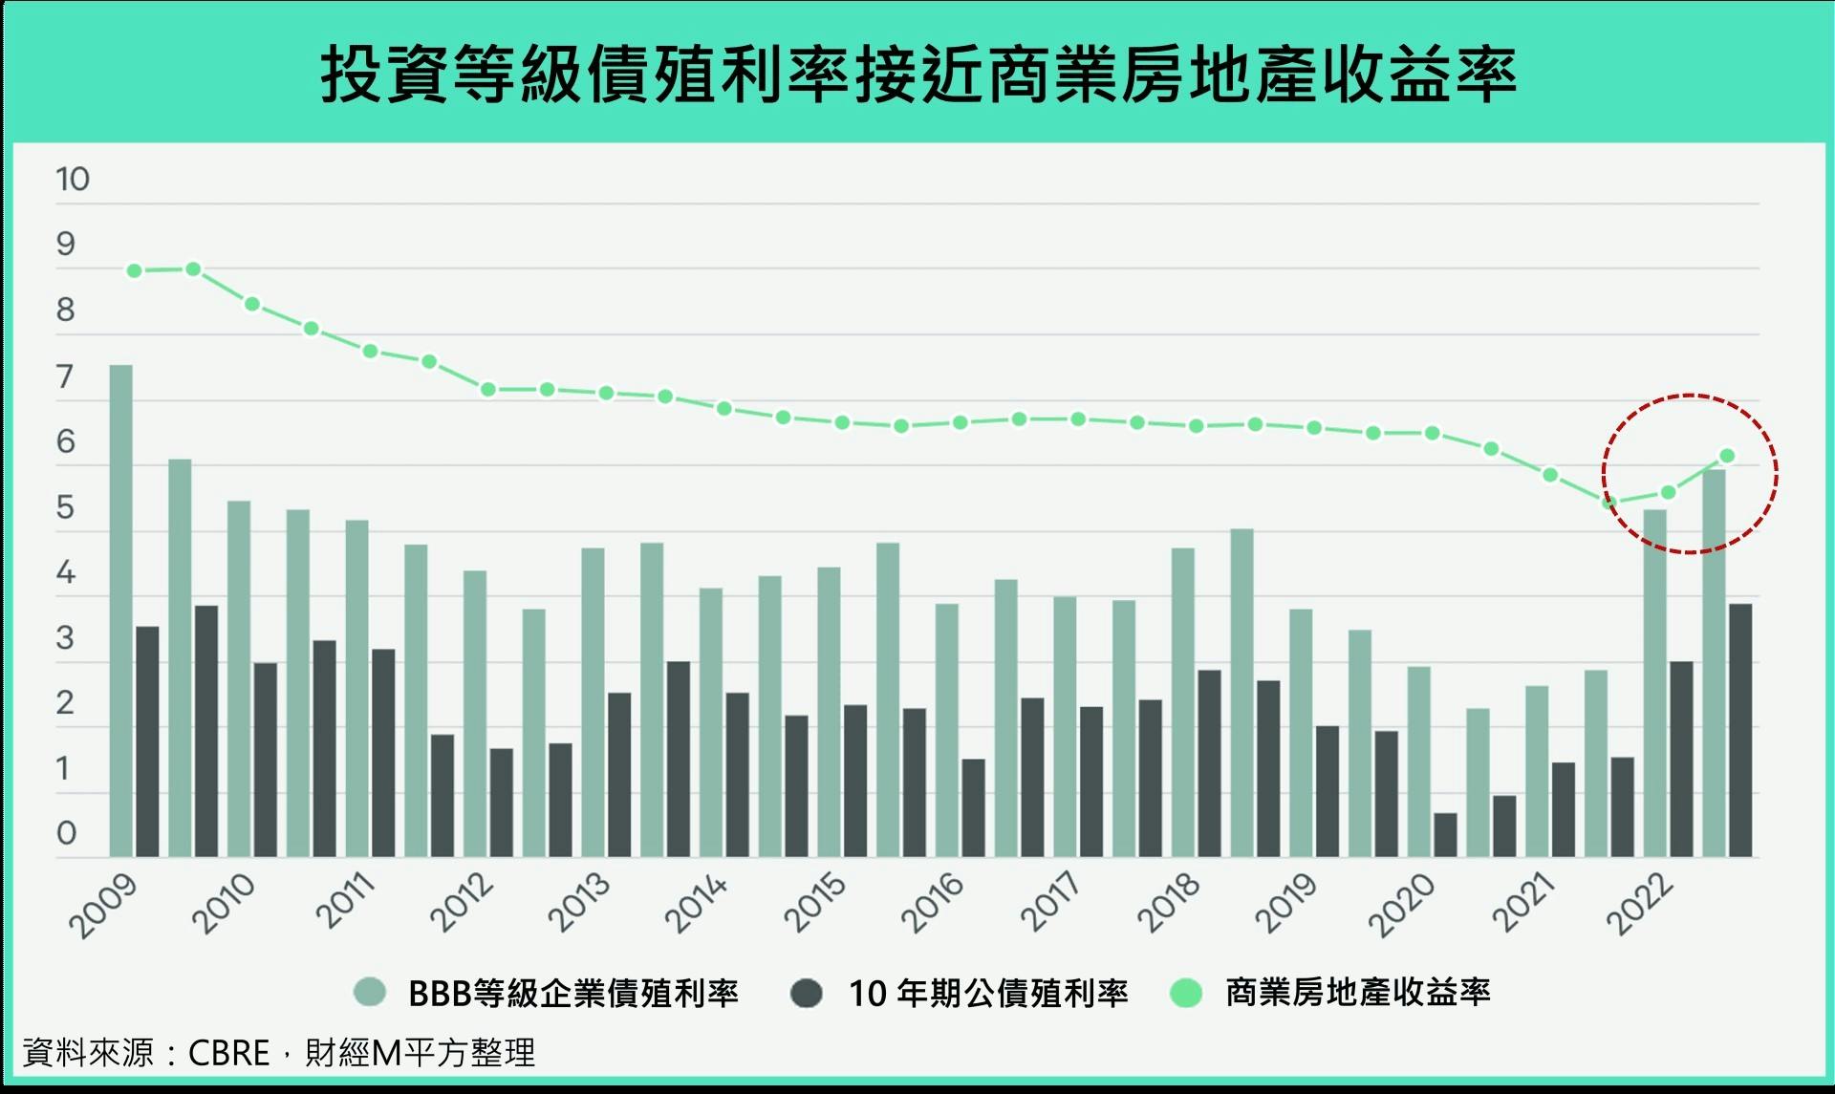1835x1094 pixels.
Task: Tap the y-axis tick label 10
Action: tap(72, 179)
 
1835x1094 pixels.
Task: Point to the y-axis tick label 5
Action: tap(65, 507)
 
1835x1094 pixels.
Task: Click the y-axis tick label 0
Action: tap(65, 833)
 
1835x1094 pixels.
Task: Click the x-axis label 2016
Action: tap(932, 904)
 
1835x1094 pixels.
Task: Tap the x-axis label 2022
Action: tap(1640, 904)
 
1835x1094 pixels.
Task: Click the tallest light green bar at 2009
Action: tap(121, 611)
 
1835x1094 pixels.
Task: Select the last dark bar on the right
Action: tap(1740, 731)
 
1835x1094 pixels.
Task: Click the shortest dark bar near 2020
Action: tap(1445, 835)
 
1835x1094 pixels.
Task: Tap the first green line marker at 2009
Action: tap(135, 271)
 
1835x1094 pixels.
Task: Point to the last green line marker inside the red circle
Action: tap(1727, 456)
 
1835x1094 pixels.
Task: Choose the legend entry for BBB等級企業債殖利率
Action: tap(572, 994)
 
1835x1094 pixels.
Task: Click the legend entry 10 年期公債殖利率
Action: tap(988, 994)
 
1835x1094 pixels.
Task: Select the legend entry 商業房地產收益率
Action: tap(1357, 993)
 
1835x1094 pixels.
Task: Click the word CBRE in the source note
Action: tap(229, 1053)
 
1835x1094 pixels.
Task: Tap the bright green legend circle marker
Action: tap(1186, 993)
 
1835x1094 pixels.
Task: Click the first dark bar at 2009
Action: tap(147, 741)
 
